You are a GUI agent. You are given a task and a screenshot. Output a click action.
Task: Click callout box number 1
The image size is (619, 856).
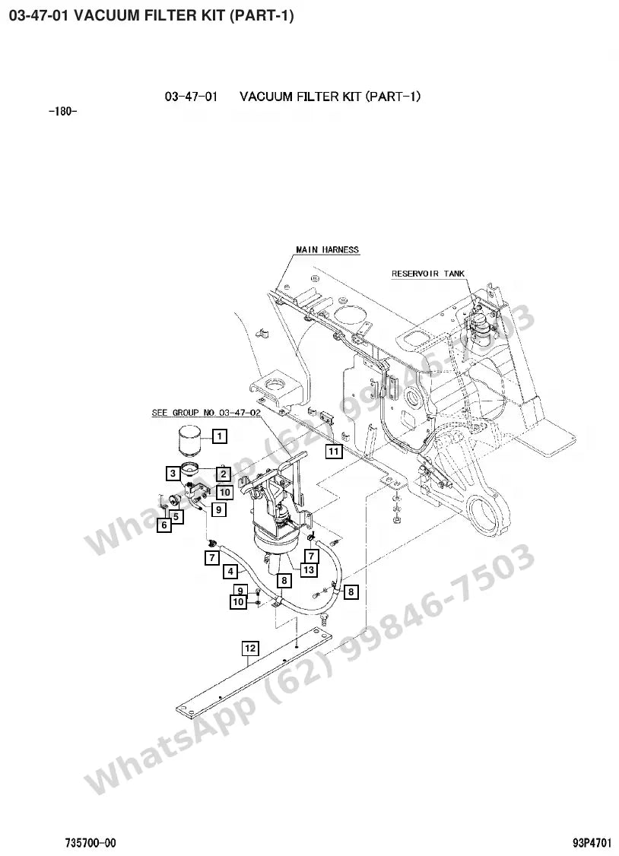220,436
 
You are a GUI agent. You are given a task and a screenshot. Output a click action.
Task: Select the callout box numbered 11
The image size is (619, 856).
334,452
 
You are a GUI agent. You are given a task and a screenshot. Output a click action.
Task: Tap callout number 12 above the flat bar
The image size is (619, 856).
250,648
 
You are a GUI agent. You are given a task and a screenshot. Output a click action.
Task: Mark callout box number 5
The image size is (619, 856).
176,515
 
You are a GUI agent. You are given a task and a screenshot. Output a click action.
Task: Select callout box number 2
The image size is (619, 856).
224,474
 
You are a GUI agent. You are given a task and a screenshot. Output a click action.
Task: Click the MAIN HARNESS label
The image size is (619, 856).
328,249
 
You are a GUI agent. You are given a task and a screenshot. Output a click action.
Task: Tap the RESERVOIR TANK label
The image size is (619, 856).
428,274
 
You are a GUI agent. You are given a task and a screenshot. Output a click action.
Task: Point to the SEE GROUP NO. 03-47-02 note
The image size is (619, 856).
206,412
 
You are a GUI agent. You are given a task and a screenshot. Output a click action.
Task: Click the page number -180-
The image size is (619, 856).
63,112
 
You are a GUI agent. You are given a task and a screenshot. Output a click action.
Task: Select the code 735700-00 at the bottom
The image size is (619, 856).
90,843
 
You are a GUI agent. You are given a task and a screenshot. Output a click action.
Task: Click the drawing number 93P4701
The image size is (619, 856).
592,843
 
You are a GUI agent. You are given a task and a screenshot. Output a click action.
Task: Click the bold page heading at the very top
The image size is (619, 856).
152,15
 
